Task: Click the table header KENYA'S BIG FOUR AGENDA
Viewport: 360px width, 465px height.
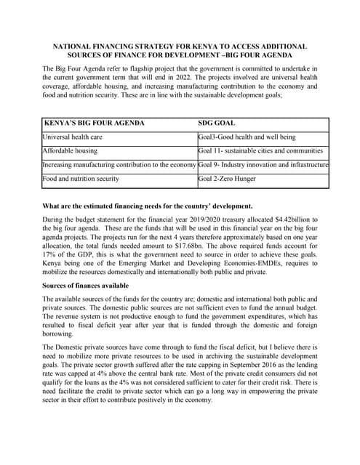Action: (x=95, y=123)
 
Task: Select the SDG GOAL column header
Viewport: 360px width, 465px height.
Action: (x=216, y=123)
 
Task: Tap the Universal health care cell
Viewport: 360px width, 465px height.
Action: (x=72, y=137)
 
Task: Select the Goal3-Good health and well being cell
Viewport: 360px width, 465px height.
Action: (x=247, y=137)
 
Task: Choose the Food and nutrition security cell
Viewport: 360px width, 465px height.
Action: (x=81, y=178)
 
